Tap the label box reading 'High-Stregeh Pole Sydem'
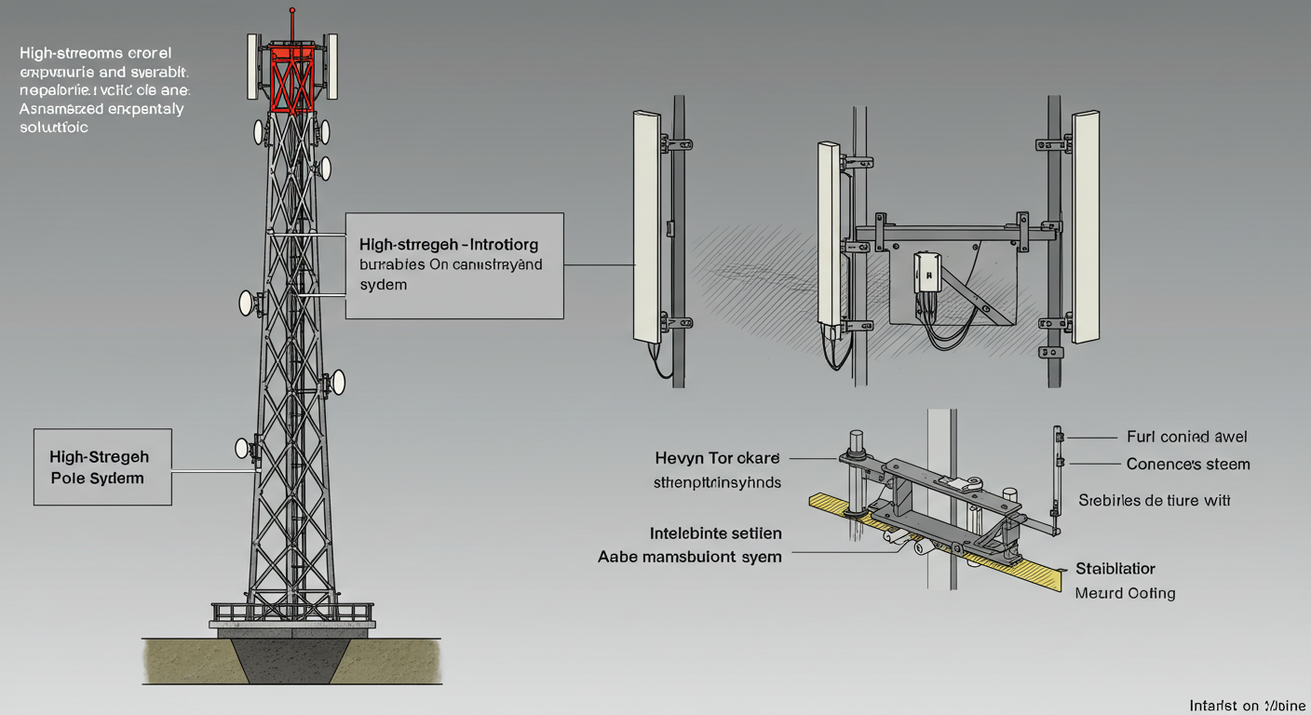(102, 466)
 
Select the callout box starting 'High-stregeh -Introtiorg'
(453, 265)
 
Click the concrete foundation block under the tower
(292, 656)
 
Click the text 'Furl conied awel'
(1186, 437)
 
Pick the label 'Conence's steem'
(1187, 464)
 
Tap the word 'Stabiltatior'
(1115, 568)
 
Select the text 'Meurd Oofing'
(1125, 593)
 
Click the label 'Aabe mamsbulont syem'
(689, 557)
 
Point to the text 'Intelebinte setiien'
(715, 533)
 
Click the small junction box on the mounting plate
(926, 272)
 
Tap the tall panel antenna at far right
(1086, 227)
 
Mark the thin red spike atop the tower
(292, 22)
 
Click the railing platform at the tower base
(292, 613)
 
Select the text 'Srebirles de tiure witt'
(1155, 500)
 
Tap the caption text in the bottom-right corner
(1247, 706)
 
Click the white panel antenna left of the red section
(251, 66)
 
